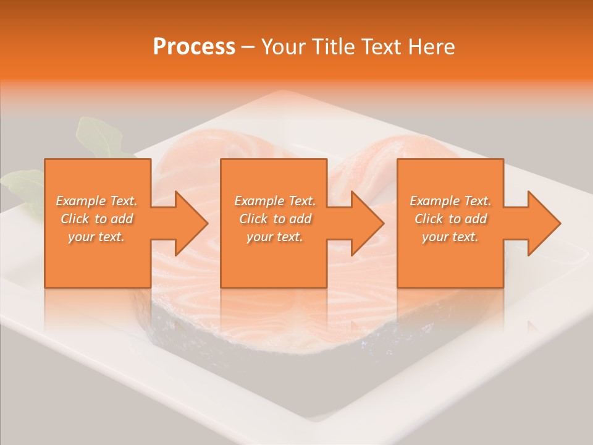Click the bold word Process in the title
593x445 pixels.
coord(194,47)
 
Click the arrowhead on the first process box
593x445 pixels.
coord(185,223)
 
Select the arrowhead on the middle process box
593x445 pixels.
coord(361,223)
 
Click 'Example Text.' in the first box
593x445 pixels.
coord(96,201)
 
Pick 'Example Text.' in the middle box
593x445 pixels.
coord(275,201)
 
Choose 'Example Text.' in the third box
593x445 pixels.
coord(450,201)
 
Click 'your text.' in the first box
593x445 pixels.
coord(96,237)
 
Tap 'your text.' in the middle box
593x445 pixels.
coord(275,237)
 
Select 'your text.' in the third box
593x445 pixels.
coord(450,237)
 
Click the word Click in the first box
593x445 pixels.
coord(75,219)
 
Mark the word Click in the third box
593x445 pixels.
coord(429,219)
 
